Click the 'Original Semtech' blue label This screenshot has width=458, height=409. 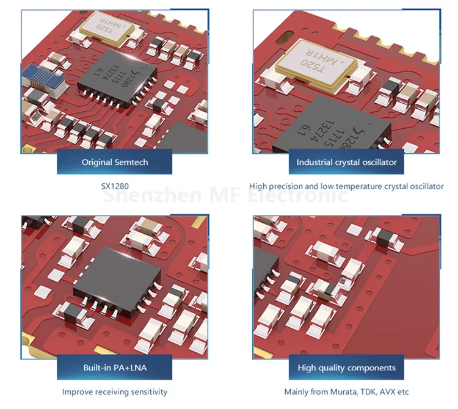click(115, 162)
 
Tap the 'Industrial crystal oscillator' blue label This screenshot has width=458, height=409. click(346, 162)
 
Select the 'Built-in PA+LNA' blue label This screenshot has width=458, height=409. click(115, 367)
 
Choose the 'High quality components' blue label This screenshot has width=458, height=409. click(346, 367)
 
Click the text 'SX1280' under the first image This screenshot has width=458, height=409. click(115, 186)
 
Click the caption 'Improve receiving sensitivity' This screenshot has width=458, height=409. click(115, 391)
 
